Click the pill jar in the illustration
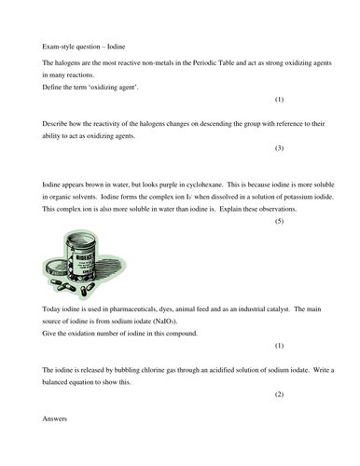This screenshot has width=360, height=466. coord(99,259)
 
